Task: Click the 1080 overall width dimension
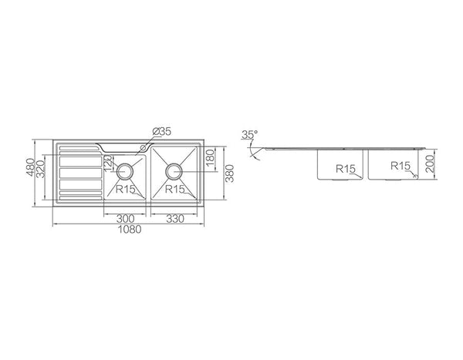point(130,229)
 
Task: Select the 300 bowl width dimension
point(125,219)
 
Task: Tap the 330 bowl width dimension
point(175,219)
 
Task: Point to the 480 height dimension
point(30,167)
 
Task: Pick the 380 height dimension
point(229,173)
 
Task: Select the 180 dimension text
point(210,159)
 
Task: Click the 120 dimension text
point(108,163)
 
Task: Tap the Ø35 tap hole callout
point(161,132)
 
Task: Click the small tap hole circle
point(144,147)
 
